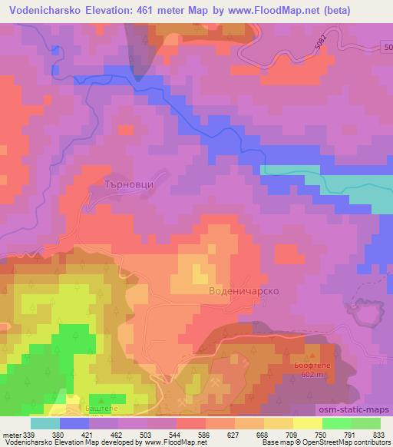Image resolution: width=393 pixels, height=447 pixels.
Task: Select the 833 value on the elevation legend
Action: [x=378, y=434]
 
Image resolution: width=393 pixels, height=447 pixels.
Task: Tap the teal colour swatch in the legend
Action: [x=45, y=423]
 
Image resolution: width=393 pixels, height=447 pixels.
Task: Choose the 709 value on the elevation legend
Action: [x=286, y=434]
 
